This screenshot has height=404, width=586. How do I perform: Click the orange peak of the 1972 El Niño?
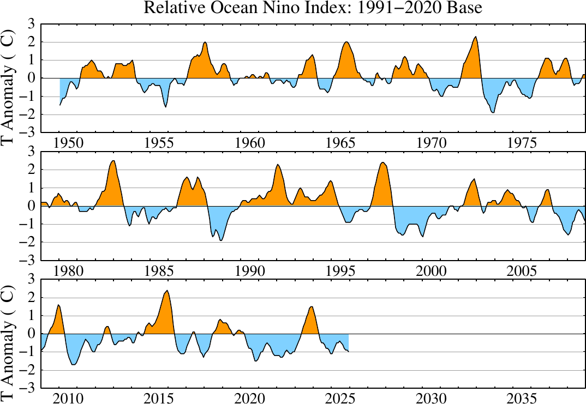pos(476,37)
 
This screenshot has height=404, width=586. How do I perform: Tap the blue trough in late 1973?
pos(493,112)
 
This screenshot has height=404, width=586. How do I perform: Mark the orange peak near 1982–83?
pos(113,161)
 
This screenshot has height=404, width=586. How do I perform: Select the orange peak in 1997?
pos(382,163)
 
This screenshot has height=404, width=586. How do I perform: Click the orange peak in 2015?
pos(167,291)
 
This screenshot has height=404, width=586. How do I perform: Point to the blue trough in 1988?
pos(220,240)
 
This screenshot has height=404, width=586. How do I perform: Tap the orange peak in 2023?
pos(312,307)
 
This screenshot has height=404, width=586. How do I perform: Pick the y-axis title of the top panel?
pos(9,79)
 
